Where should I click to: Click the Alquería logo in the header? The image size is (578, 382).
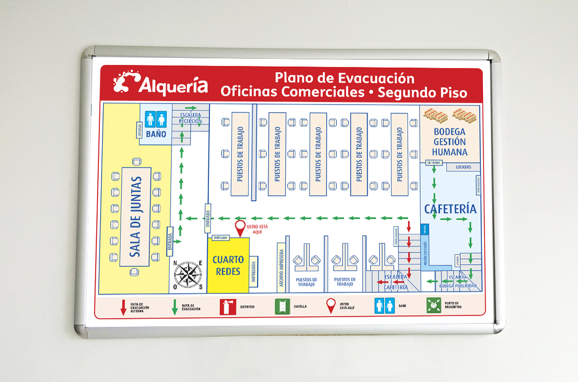[160, 84]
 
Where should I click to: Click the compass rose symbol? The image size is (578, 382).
[188, 275]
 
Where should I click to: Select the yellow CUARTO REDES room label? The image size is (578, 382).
[228, 265]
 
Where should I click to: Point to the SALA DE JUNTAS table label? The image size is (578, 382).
[135, 216]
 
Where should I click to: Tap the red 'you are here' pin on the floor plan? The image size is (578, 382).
[240, 228]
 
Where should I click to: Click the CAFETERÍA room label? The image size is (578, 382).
[450, 209]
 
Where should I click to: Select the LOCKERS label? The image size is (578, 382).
[463, 167]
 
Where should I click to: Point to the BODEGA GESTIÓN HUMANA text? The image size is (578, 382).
[449, 142]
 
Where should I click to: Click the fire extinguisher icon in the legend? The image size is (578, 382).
[227, 307]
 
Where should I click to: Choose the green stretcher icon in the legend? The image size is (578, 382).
[282, 307]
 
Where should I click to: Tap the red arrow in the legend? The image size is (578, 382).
[123, 307]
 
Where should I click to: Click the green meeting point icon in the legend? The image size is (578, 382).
[433, 305]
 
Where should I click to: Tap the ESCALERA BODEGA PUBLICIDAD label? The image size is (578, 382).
[457, 282]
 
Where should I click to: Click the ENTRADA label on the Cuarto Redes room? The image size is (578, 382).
[220, 238]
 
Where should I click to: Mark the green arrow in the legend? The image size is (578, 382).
[174, 307]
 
